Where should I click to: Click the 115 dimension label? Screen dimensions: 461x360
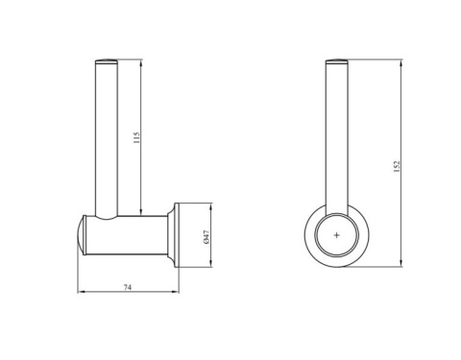pos(136,137)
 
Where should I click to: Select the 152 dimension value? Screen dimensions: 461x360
pos(397,167)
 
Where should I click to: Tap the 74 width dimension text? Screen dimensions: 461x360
pos(128,287)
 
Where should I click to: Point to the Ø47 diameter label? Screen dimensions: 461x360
pos(206,237)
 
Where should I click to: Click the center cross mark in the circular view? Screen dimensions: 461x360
pos(336,235)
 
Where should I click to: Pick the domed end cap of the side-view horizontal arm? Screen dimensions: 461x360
pos(81,235)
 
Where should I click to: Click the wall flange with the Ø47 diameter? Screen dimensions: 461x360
pos(177,235)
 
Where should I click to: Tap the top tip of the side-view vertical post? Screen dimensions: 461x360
pos(107,60)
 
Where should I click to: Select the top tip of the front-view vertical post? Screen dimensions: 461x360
pos(337,60)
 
